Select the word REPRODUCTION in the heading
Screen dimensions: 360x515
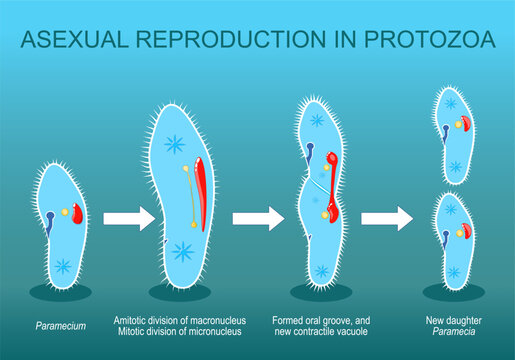(241, 41)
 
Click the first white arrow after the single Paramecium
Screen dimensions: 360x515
(125, 219)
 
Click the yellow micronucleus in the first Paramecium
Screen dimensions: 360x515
(66, 213)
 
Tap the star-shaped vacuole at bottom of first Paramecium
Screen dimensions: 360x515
(63, 266)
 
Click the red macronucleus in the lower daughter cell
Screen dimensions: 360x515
(466, 232)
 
